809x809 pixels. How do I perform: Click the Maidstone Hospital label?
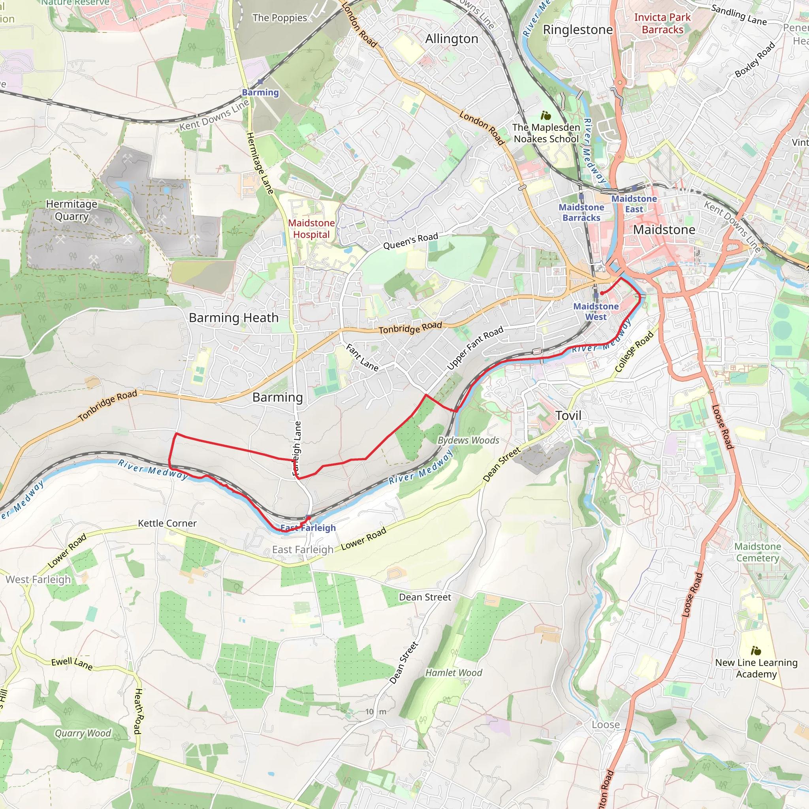(x=311, y=229)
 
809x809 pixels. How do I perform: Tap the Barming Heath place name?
(x=234, y=318)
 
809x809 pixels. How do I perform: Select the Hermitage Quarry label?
(x=71, y=210)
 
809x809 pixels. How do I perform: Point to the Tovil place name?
(x=568, y=416)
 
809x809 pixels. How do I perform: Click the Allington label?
(x=452, y=39)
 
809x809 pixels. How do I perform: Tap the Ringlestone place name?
(x=578, y=30)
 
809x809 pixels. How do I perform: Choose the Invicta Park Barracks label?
(x=662, y=23)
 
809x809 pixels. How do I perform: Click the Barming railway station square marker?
(x=260, y=82)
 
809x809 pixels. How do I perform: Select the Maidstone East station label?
(x=634, y=204)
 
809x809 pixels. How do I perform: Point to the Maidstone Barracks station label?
(x=581, y=212)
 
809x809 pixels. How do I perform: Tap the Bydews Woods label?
(x=468, y=440)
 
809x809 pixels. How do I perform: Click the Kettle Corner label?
(x=167, y=523)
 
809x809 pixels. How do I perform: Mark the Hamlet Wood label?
(x=453, y=672)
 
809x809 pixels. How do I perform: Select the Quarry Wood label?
(x=83, y=733)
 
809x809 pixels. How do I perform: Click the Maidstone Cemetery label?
(x=758, y=552)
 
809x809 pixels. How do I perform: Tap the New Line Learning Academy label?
(x=756, y=668)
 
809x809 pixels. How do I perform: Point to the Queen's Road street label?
(x=410, y=241)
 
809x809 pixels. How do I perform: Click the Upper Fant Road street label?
(x=474, y=348)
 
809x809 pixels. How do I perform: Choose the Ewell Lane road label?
(x=71, y=663)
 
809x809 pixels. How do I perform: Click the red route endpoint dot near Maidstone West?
(x=601, y=293)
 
